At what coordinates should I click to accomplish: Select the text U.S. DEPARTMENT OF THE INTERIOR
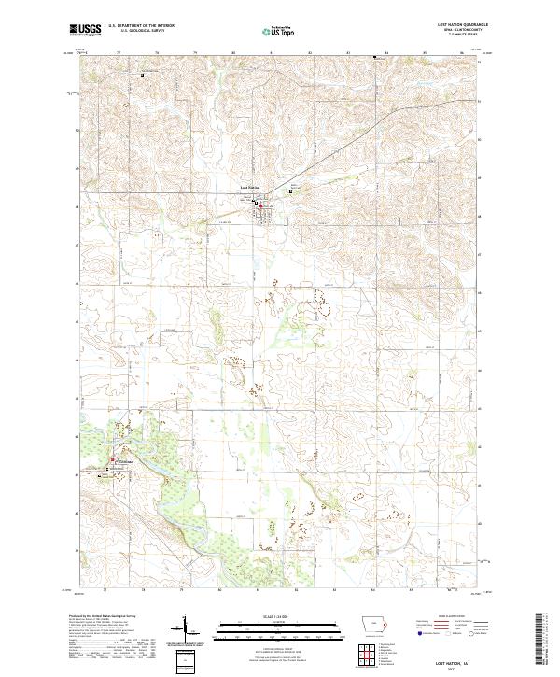click(141, 26)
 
